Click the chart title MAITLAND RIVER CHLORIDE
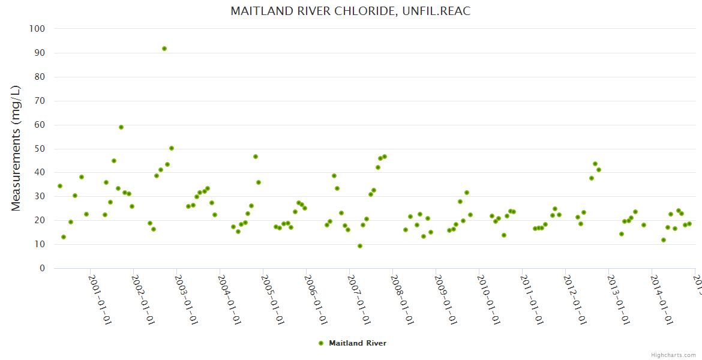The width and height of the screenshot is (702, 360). pyautogui.click(x=350, y=11)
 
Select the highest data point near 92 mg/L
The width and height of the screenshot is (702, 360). pyautogui.click(x=164, y=49)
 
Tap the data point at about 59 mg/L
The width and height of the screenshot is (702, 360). pyautogui.click(x=121, y=127)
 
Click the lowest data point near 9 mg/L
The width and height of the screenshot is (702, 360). pyautogui.click(x=360, y=246)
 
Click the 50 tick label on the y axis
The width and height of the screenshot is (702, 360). pyautogui.click(x=40, y=149)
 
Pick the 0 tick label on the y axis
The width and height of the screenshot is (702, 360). pyautogui.click(x=42, y=268)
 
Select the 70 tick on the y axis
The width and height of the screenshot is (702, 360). pyautogui.click(x=40, y=101)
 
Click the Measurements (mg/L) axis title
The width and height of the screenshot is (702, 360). pyautogui.click(x=16, y=148)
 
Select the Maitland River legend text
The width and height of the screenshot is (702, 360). pyautogui.click(x=358, y=343)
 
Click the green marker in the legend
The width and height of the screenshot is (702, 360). pyautogui.click(x=321, y=343)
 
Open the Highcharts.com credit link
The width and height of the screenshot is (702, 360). pyautogui.click(x=673, y=355)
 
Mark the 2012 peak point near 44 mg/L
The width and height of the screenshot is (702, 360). pyautogui.click(x=595, y=164)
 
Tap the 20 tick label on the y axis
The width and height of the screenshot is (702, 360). pyautogui.click(x=40, y=220)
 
